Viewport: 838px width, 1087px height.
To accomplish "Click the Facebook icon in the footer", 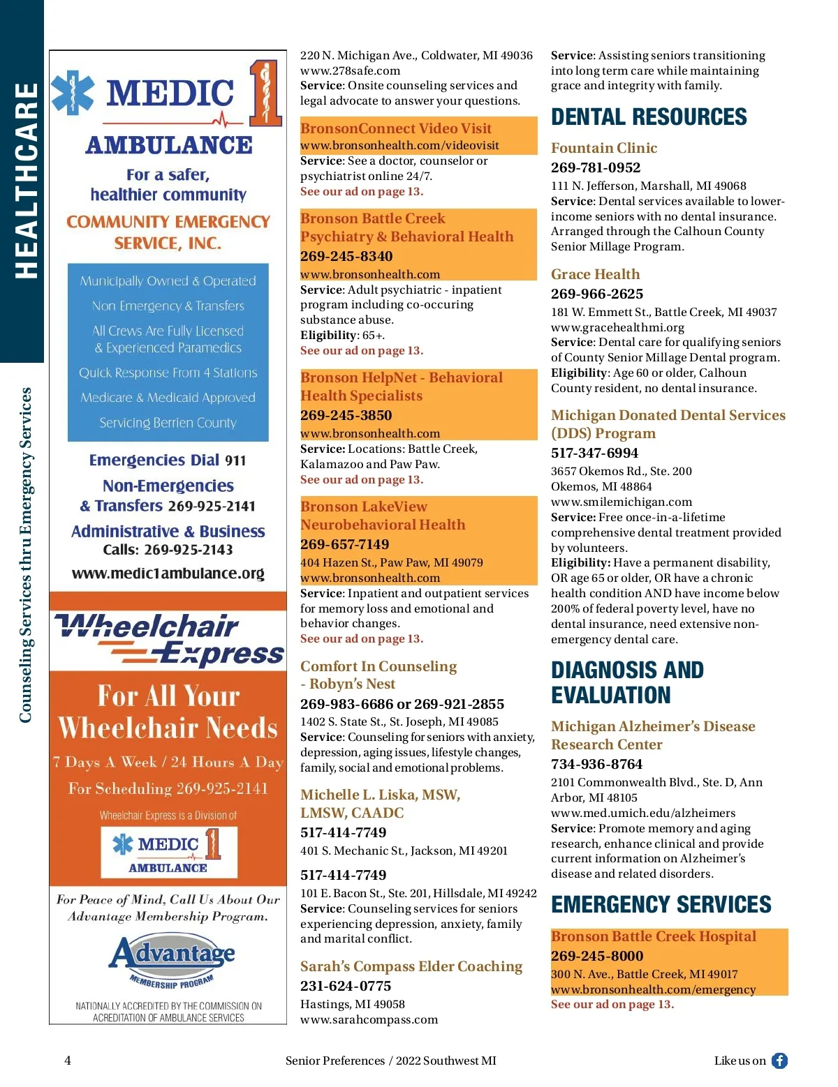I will (x=779, y=1060).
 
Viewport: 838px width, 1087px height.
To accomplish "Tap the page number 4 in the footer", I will (x=68, y=1060).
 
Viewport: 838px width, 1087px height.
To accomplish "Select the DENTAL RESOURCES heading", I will (x=649, y=117).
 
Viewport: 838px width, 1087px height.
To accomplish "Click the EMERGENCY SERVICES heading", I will (x=661, y=905).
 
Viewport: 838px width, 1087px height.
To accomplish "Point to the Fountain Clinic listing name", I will (x=604, y=148).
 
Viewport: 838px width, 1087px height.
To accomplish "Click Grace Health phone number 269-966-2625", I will (x=597, y=294).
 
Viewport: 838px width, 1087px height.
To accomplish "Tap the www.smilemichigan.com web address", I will (x=622, y=502).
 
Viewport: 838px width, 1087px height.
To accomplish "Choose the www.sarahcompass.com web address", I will (x=369, y=1019).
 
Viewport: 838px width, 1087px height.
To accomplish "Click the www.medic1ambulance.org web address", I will (x=168, y=574).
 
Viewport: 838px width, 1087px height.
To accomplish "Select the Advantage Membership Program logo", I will (x=171, y=961).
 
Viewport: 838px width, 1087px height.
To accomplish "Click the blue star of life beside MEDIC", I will (x=73, y=92).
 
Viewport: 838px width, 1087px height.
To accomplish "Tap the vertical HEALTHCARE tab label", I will (x=26, y=181).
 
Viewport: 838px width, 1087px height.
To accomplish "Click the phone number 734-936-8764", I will (x=596, y=764).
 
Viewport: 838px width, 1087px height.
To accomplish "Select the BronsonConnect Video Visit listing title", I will (x=396, y=128).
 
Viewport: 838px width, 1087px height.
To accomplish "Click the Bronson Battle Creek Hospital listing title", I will (x=653, y=936).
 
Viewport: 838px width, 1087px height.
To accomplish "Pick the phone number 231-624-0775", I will (x=346, y=986).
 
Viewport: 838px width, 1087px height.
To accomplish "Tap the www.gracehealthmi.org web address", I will (x=617, y=327).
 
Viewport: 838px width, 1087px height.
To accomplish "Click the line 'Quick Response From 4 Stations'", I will (x=168, y=373).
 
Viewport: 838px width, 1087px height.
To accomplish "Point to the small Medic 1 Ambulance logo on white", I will (x=168, y=851).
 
